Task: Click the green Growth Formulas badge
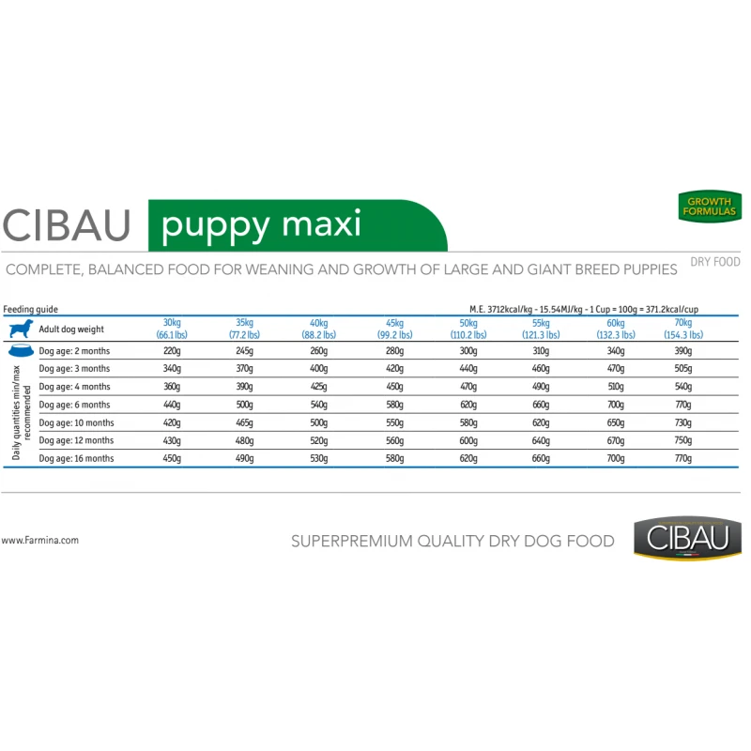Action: click(710, 207)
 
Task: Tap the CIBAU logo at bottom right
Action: click(687, 538)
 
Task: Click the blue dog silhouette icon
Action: click(21, 330)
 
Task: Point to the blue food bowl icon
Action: click(21, 350)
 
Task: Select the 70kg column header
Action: click(683, 329)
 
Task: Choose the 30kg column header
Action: click(172, 329)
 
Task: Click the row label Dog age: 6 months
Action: click(74, 405)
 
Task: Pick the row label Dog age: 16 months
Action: click(76, 458)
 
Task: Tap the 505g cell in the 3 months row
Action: click(683, 368)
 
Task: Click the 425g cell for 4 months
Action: click(318, 387)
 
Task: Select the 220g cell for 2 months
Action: click(172, 350)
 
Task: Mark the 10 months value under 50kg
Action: click(468, 422)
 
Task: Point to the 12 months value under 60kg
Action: click(616, 440)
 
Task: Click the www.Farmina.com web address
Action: click(39, 541)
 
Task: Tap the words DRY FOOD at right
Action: click(715, 262)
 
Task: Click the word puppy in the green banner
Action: click(215, 226)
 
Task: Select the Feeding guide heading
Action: click(30, 309)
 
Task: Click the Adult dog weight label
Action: click(71, 330)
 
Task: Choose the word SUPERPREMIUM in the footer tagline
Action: click(351, 542)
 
